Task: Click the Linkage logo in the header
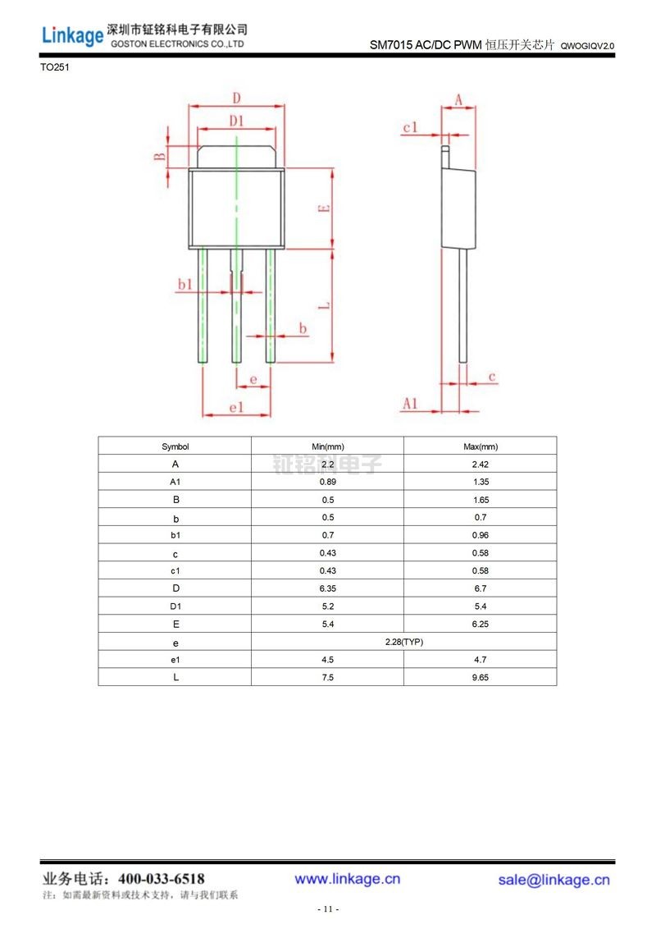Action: [x=73, y=35]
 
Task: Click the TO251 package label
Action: [x=55, y=68]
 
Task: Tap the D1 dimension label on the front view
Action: [x=236, y=121]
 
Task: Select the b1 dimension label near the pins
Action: [x=185, y=284]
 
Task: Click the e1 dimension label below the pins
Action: [x=236, y=407]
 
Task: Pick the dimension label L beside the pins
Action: [x=325, y=305]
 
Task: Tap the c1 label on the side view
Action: [x=410, y=127]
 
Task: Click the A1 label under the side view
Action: [x=410, y=403]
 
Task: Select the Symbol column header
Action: [x=175, y=446]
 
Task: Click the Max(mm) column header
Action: [x=480, y=446]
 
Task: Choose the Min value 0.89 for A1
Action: [x=327, y=482]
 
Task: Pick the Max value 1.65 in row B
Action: [x=480, y=500]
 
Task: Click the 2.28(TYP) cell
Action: [x=403, y=642]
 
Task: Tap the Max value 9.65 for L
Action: [x=480, y=678]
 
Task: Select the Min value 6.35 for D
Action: [x=327, y=588]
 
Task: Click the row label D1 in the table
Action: [x=175, y=606]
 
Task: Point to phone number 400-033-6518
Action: [x=162, y=879]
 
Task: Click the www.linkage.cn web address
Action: [x=348, y=879]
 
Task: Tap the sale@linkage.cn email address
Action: [x=553, y=880]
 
